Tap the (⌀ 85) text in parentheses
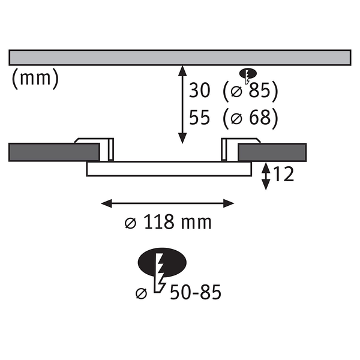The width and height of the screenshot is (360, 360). pyautogui.click(x=250, y=91)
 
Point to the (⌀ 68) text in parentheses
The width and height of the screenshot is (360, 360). pyautogui.click(x=250, y=118)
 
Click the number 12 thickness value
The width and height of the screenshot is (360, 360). pyautogui.click(x=283, y=175)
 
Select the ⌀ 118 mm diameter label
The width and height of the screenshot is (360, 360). pyautogui.click(x=168, y=223)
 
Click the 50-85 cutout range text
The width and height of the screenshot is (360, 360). pyautogui.click(x=194, y=293)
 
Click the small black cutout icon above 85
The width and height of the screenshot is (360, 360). pyautogui.click(x=245, y=74)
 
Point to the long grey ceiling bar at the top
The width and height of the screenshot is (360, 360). pyautogui.click(x=180, y=58)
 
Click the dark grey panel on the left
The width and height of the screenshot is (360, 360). pyautogui.click(x=45, y=152)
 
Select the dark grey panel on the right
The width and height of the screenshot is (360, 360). pyautogui.click(x=273, y=152)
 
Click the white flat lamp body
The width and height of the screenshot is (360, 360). pyautogui.click(x=168, y=169)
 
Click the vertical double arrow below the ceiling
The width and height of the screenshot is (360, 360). pyautogui.click(x=181, y=104)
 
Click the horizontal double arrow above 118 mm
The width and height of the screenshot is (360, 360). pyautogui.click(x=168, y=203)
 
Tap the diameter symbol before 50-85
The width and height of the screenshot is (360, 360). pyautogui.click(x=142, y=294)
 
